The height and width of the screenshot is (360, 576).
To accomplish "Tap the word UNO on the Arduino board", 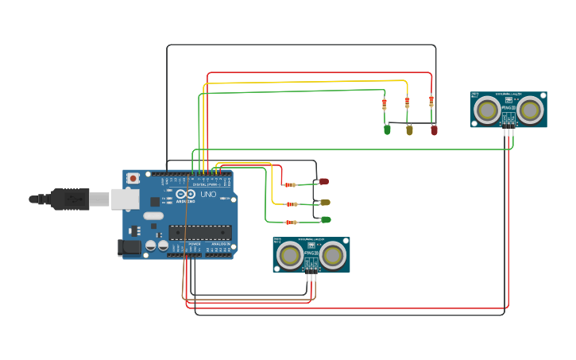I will [x=208, y=194].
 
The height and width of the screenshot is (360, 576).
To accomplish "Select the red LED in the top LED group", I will [x=434, y=130].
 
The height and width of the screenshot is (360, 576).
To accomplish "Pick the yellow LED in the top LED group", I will [x=409, y=130].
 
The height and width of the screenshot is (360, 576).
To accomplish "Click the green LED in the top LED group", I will [x=388, y=129].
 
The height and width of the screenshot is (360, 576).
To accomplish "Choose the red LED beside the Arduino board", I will [x=323, y=182].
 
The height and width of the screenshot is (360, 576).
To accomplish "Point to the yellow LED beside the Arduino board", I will [x=324, y=203].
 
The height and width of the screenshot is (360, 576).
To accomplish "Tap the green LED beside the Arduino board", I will [x=325, y=219].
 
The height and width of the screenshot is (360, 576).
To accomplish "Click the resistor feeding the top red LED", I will [x=431, y=101].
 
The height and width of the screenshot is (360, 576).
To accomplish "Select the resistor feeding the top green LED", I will [x=385, y=103].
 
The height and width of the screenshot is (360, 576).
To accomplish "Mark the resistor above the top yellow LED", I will [x=408, y=103].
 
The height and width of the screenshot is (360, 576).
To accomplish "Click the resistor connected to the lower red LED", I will [x=291, y=184].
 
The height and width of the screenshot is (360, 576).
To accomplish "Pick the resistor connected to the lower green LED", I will [x=292, y=223].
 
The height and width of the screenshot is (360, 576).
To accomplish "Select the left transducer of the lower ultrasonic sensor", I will [x=289, y=254].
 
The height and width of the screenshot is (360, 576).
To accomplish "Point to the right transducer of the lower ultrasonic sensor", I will [x=334, y=254].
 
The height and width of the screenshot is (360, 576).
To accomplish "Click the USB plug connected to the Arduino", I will [x=72, y=199].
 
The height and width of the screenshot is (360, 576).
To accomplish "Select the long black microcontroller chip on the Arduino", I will [x=199, y=233].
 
